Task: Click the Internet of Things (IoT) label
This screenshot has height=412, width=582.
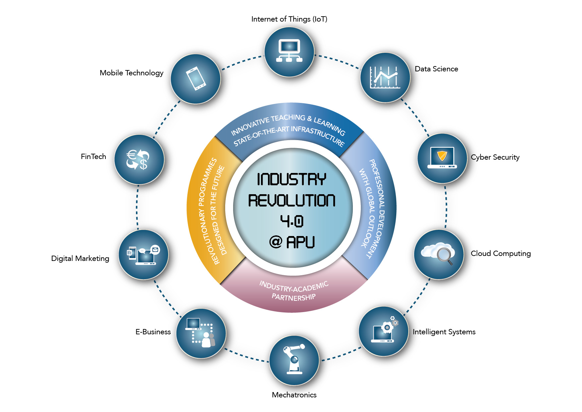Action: point(289,19)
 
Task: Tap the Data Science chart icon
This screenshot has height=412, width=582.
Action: point(385,78)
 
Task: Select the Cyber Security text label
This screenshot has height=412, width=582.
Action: point(495,157)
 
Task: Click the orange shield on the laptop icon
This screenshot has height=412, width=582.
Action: point(442,155)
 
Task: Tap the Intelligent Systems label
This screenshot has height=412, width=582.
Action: point(444,332)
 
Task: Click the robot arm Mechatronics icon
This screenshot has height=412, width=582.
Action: point(294,361)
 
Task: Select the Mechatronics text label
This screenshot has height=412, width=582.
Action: point(294,395)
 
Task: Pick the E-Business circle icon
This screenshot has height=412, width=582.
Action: point(201,333)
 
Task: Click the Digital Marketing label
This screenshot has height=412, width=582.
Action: point(80,259)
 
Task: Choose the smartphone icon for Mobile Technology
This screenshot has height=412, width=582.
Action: point(196,79)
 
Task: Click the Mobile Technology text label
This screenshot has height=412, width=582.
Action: point(132,73)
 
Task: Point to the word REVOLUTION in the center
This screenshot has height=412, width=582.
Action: point(292,201)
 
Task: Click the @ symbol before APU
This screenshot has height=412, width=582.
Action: point(276,242)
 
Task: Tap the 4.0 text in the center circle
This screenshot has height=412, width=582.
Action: point(292,221)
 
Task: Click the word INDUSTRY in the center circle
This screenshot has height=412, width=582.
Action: point(292,179)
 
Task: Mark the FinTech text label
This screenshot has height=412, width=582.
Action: point(94,156)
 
